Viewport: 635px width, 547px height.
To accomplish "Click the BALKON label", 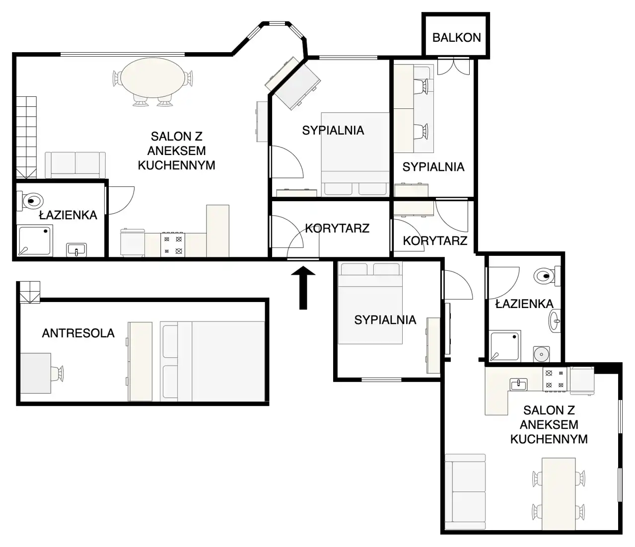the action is (456, 38).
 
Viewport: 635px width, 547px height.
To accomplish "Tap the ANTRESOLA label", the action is (78, 333).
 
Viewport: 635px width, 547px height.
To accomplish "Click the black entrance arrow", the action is (303, 288).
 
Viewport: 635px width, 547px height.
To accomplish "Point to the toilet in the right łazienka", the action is (547, 276).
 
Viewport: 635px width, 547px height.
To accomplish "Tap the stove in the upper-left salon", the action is (173, 245).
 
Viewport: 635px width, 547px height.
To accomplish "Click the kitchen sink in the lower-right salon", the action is (518, 384).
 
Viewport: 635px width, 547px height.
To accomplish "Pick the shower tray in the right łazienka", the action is (505, 346).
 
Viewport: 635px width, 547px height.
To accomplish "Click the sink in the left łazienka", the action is (76, 250).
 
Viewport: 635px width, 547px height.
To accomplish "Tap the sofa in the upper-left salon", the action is (75, 165).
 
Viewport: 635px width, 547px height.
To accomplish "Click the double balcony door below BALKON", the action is (453, 66).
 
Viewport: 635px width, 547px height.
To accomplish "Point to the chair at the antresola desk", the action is (58, 373).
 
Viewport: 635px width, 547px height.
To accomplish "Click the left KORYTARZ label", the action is (337, 229).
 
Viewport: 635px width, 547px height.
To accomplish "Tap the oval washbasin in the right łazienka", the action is (555, 320).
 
